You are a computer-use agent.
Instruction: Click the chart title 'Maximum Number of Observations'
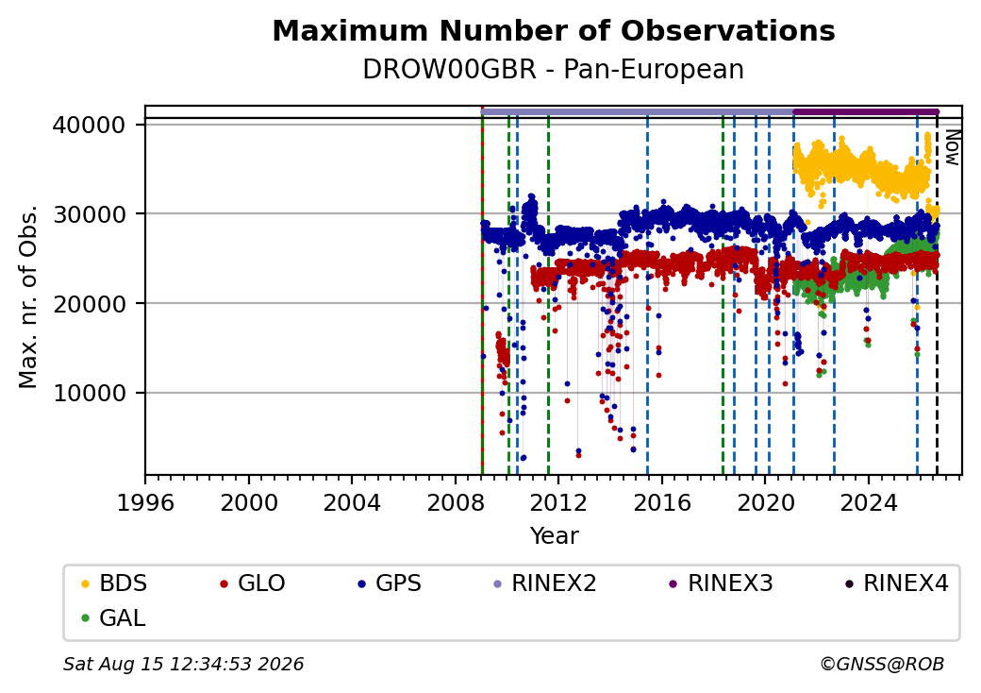(554, 30)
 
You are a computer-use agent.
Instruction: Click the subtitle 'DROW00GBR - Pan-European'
(554, 70)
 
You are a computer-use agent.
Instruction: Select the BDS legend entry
(114, 583)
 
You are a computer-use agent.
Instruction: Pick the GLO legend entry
(253, 583)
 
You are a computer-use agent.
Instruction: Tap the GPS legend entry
(390, 583)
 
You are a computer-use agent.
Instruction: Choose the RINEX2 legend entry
(545, 583)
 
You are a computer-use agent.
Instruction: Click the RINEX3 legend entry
(722, 583)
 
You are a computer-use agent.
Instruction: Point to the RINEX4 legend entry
(896, 583)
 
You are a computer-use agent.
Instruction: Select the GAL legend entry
(114, 617)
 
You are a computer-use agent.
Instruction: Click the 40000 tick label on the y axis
(89, 126)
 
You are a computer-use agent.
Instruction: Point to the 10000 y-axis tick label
(89, 393)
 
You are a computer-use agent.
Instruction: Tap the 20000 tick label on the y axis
(89, 304)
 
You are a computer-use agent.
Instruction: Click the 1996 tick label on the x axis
(146, 502)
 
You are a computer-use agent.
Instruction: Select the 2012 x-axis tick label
(558, 502)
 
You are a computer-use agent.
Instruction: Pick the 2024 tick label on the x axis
(869, 502)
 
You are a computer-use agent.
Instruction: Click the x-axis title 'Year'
(555, 536)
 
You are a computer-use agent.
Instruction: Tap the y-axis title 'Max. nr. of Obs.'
(28, 296)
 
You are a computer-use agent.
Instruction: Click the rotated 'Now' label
(952, 147)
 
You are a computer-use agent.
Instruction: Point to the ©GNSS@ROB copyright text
(882, 664)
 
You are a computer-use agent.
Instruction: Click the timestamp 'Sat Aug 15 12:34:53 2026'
(184, 664)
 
